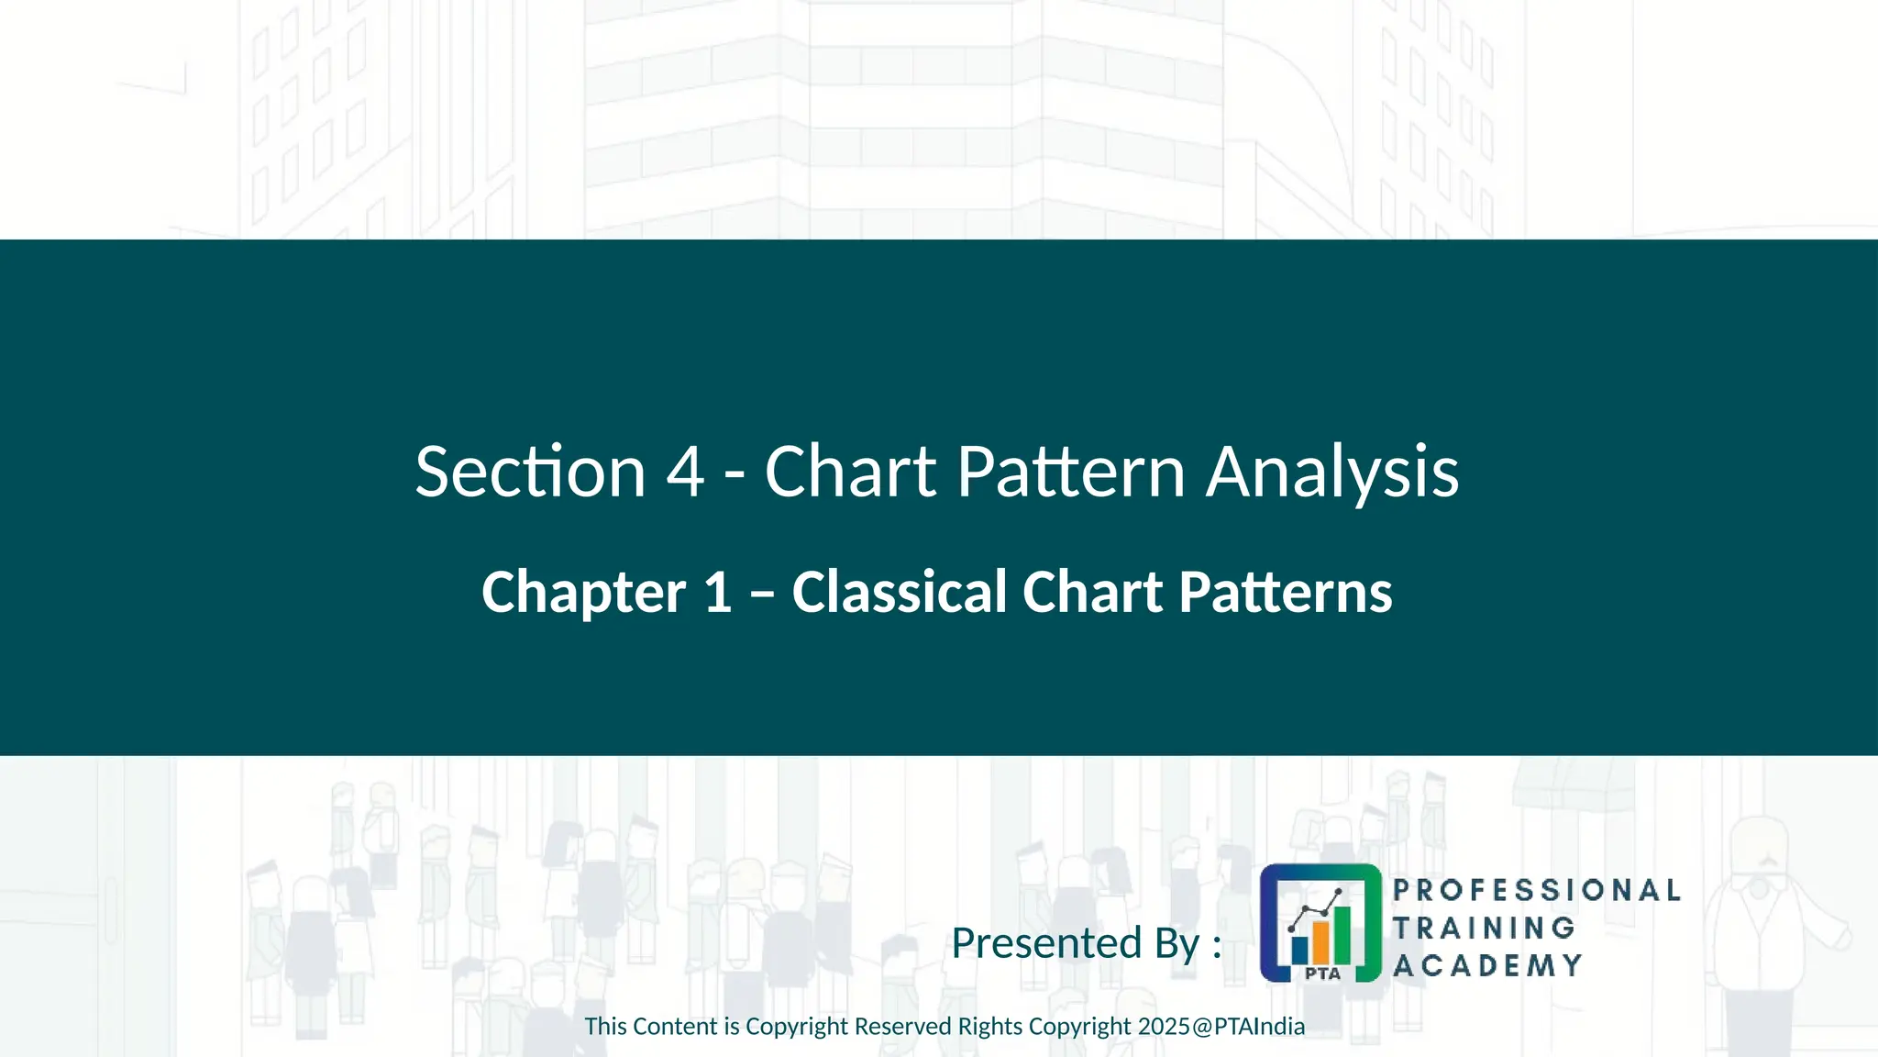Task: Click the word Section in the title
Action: [530, 472]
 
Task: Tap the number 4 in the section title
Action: [685, 472]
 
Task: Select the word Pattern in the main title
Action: [1071, 472]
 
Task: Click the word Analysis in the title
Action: [1331, 472]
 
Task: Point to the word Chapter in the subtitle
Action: [583, 592]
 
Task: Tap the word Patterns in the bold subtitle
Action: [1285, 592]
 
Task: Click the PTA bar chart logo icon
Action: [1320, 922]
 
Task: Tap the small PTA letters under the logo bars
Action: [1322, 974]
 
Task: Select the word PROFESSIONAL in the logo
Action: [1536, 890]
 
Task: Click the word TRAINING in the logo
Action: [1484, 928]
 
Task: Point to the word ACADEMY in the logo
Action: [1487, 965]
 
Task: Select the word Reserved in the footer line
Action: [902, 1027]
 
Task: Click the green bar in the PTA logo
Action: [1342, 931]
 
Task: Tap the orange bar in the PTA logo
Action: [1320, 939]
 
